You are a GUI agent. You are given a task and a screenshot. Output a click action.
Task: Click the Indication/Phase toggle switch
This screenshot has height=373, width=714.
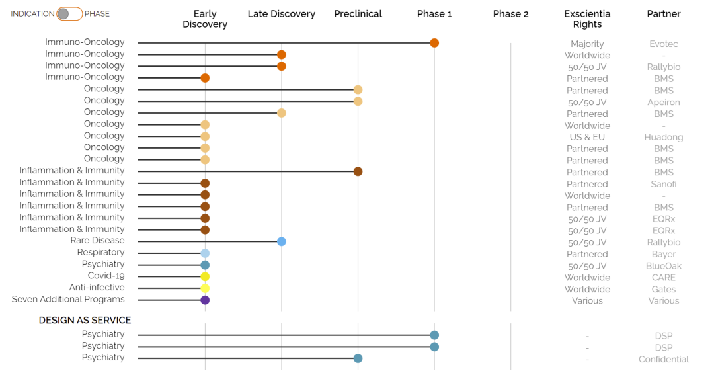coord(69,14)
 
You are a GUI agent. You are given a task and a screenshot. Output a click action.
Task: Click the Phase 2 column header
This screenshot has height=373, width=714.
coord(510,14)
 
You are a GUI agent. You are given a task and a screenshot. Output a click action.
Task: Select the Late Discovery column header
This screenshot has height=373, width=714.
coord(282,14)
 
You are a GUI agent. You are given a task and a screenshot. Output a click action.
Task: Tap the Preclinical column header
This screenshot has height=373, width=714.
coord(358,14)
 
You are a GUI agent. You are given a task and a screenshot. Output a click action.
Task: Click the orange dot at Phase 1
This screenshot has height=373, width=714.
coord(434,43)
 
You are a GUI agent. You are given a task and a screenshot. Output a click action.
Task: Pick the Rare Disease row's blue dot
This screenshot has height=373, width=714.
coord(282,241)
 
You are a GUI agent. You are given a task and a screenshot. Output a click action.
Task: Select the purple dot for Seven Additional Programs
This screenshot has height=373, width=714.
coord(205,300)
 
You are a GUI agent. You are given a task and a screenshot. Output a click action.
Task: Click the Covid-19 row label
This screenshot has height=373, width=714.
coord(106,276)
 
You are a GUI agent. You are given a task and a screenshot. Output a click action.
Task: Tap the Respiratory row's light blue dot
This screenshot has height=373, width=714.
coord(205,253)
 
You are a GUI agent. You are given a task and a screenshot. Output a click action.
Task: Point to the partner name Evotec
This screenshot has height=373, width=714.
coord(664,44)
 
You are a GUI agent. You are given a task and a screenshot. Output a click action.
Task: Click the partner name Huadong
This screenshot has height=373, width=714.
coord(664,137)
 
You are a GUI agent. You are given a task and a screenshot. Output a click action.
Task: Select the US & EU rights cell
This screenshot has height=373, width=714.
coord(587,137)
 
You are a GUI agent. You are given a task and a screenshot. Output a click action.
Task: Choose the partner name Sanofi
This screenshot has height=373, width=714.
coord(664,184)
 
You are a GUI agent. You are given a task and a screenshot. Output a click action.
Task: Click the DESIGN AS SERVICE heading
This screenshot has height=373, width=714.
coord(85,320)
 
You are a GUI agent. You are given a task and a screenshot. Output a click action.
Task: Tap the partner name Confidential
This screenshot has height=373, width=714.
coord(664,359)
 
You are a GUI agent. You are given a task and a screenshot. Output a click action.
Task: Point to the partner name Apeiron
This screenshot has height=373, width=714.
coord(664,103)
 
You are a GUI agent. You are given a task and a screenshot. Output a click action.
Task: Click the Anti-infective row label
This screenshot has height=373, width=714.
coord(97,288)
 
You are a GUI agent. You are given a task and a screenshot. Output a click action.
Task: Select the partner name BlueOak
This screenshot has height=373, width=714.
coord(664,266)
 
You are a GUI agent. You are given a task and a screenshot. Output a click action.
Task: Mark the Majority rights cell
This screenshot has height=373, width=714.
coord(587,44)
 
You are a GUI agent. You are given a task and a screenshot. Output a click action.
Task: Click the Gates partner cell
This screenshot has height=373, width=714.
coord(664,289)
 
